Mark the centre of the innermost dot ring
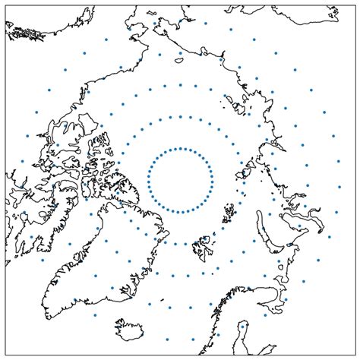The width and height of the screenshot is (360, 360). [x=180, y=180]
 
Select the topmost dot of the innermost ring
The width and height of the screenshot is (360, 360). [x=180, y=148]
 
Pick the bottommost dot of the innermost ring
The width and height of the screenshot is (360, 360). [x=180, y=212]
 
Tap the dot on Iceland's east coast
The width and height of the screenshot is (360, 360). [x=141, y=332]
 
